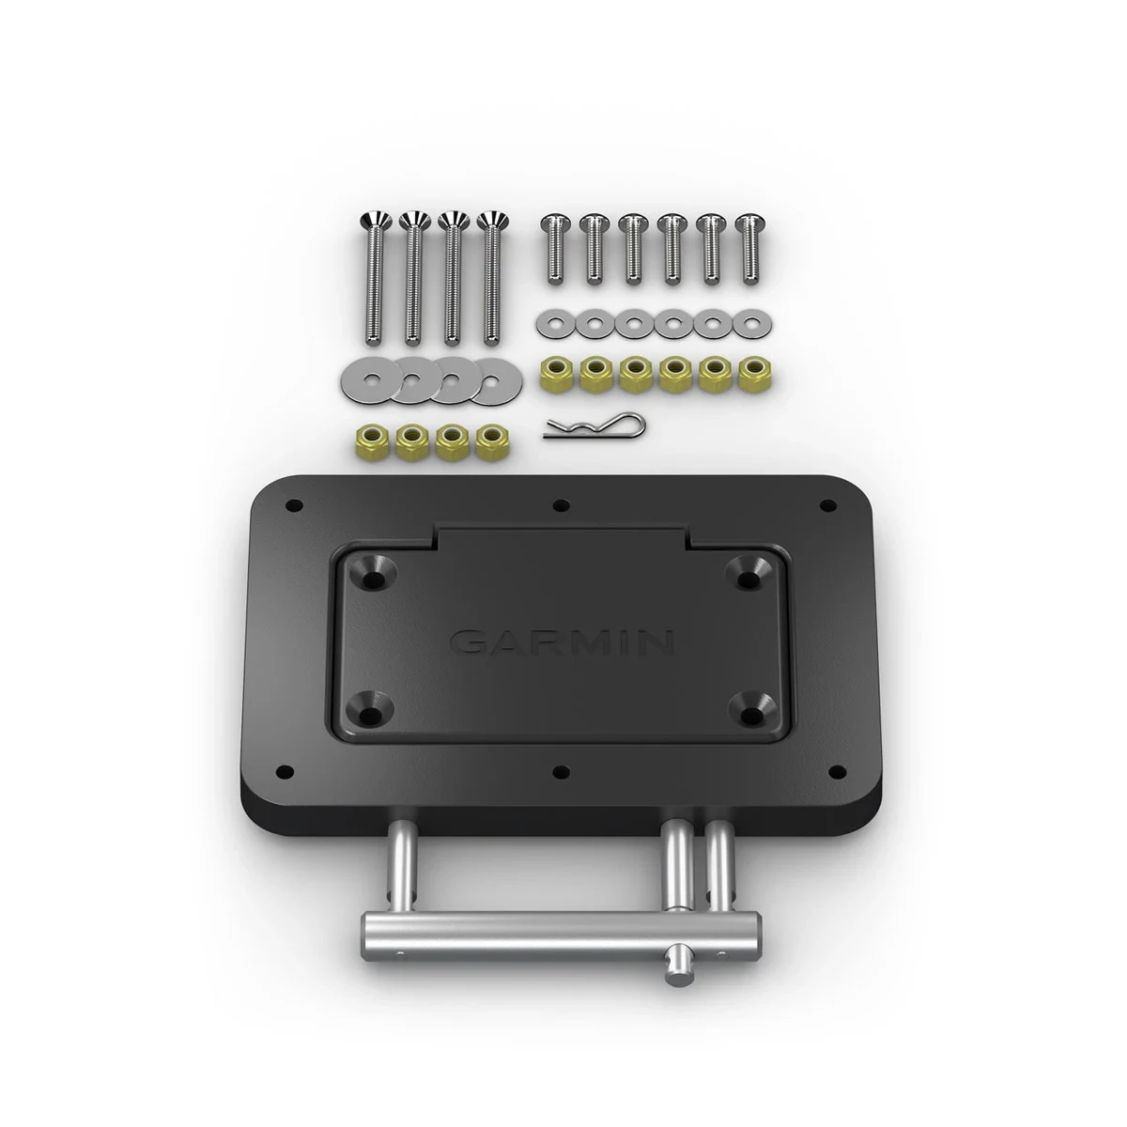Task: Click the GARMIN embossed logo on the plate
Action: pyautogui.click(x=562, y=642)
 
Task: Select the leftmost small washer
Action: pyautogui.click(x=552, y=325)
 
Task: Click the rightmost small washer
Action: pyautogui.click(x=749, y=325)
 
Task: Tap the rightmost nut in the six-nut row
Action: pyautogui.click(x=750, y=374)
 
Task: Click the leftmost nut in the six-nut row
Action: pyautogui.click(x=552, y=374)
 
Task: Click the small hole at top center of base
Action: pyautogui.click(x=561, y=505)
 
